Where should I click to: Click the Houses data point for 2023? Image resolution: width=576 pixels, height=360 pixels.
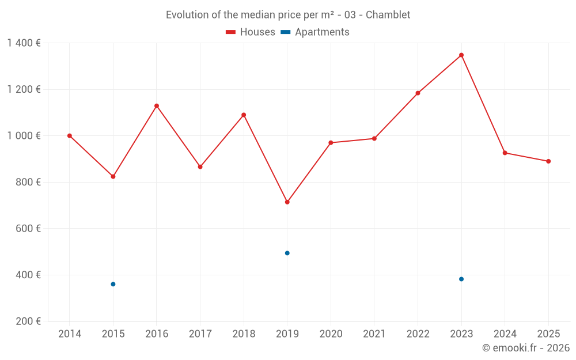tap(461, 55)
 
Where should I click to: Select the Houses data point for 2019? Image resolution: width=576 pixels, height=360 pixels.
tap(287, 202)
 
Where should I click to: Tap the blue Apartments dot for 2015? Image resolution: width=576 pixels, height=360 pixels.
tap(113, 284)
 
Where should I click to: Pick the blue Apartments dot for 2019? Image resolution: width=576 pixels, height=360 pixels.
tap(287, 253)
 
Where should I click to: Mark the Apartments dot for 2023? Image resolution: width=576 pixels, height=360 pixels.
tap(461, 279)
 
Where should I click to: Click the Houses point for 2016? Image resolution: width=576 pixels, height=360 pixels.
tap(157, 106)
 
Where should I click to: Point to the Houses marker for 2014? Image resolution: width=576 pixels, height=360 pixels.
tap(70, 136)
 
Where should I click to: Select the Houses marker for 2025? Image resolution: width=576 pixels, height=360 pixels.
tap(548, 161)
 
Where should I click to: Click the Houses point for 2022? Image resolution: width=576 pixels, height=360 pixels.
tap(418, 93)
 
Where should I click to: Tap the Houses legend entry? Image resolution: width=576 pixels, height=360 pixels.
tap(251, 32)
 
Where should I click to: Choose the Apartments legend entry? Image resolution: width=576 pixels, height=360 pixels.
tap(315, 32)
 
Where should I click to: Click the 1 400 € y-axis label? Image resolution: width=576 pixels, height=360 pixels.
tap(24, 43)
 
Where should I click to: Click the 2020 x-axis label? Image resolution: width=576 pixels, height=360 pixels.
tap(331, 334)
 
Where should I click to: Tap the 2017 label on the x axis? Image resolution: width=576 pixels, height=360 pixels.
tap(200, 334)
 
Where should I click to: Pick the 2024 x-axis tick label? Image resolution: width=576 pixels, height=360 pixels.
tap(505, 334)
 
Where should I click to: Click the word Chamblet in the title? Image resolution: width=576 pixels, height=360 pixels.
tap(389, 14)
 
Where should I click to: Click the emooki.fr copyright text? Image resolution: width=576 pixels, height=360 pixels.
tap(525, 348)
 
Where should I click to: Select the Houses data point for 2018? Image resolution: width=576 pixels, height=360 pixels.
tap(244, 115)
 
